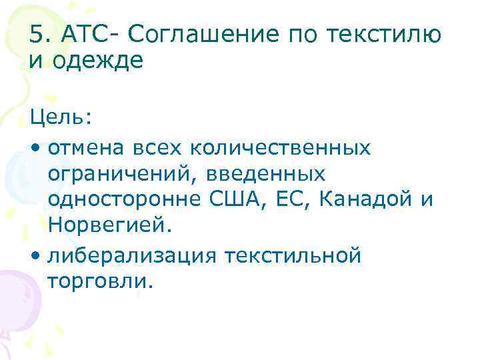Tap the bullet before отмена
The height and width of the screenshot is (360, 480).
[x=35, y=146]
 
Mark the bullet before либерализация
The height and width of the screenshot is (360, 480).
[x=35, y=255]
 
